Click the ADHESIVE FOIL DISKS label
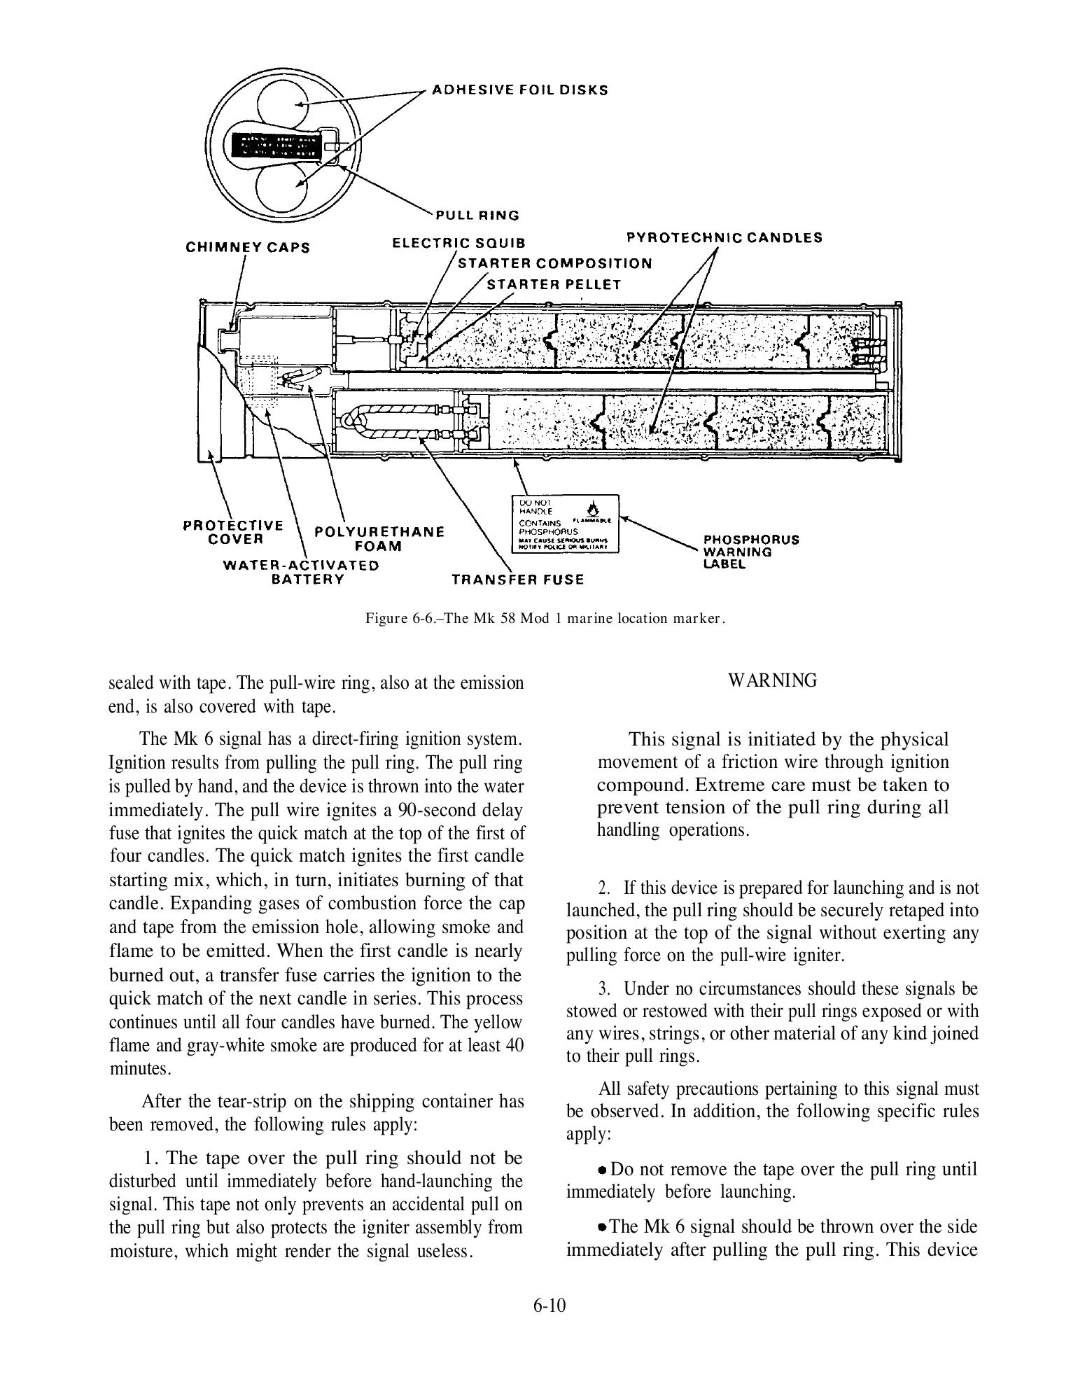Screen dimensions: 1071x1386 pos(519,90)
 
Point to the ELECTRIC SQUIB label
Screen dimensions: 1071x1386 pos(458,243)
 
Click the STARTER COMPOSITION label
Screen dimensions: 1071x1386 pos(554,263)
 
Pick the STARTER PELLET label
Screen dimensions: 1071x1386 pos(554,284)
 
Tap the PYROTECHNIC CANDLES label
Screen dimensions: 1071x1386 pos(724,237)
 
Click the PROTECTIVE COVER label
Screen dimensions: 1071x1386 pos(234,532)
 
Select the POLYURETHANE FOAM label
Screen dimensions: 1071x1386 pos(379,538)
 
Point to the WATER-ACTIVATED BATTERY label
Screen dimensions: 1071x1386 pos(301,572)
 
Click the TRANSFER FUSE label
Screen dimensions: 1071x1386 pos(517,580)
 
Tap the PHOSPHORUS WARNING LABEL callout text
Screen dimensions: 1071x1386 pos(751,552)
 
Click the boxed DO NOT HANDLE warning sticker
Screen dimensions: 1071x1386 pos(565,524)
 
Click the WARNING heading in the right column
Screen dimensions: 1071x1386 pos(772,680)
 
